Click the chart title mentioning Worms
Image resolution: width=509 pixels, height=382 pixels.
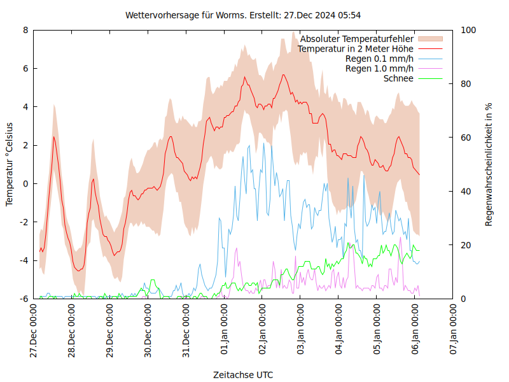(x=244, y=15)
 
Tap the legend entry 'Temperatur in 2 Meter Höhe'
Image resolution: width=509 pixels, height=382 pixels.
(x=356, y=48)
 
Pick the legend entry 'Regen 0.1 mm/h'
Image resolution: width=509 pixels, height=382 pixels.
(x=379, y=59)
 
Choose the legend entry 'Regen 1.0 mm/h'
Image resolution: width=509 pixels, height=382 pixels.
(x=379, y=69)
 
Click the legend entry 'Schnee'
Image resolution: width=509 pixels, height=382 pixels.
(x=399, y=78)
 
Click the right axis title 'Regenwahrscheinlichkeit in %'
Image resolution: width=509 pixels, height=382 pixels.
(x=489, y=164)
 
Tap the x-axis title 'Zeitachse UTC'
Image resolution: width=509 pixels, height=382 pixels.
(x=244, y=375)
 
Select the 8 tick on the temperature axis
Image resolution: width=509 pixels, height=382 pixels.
(x=25, y=30)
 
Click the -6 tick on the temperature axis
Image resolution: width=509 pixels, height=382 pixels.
(x=24, y=299)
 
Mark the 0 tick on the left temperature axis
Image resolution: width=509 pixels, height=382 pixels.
(x=25, y=183)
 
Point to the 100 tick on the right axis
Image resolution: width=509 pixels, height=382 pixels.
(x=468, y=30)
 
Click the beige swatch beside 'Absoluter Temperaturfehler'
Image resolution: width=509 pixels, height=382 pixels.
(x=429, y=39)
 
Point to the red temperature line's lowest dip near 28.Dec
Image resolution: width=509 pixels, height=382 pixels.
(x=79, y=271)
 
